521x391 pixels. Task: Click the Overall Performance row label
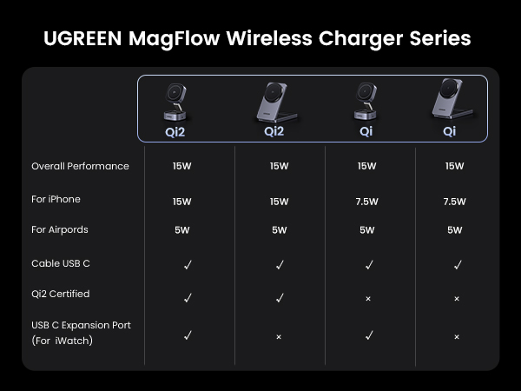point(80,166)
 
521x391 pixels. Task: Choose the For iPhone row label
point(56,199)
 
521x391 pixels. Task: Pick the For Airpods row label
point(60,229)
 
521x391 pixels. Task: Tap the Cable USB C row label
point(60,263)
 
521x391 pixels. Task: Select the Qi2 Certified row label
point(60,294)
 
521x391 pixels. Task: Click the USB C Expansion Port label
point(81,325)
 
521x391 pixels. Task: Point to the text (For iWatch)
point(63,341)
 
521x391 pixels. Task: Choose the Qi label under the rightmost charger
point(449,132)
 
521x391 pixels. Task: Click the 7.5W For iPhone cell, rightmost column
point(455,202)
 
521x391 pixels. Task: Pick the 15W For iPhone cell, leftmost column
point(181,202)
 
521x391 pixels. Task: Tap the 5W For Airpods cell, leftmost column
point(181,230)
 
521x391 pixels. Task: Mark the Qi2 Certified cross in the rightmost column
point(456,299)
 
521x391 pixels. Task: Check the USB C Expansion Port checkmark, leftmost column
point(188,335)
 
